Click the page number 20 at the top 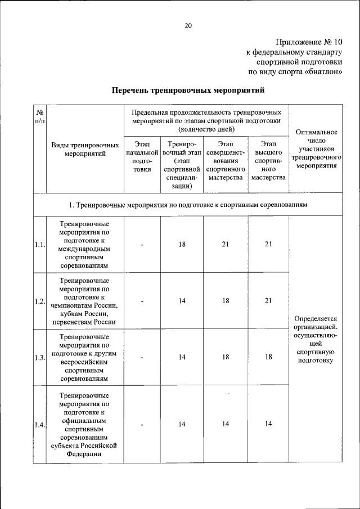[188, 25]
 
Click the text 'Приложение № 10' [309, 42]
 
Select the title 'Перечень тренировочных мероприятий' [188, 90]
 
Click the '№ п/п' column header [40, 118]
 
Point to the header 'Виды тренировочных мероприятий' [85, 150]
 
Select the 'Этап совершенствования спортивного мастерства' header [225, 161]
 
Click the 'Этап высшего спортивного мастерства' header [268, 161]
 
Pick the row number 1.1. [39, 245]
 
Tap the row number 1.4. [39, 425]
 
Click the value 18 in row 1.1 [182, 245]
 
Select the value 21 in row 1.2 [268, 301]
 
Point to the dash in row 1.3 [142, 357]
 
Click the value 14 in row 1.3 [182, 357]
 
